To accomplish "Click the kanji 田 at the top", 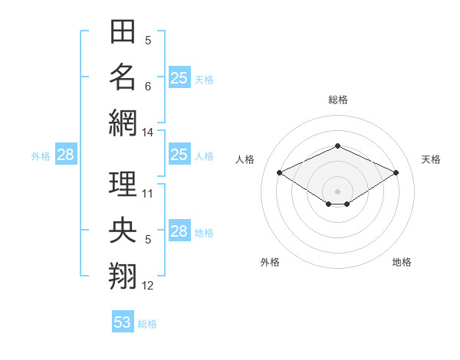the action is tap(123, 31).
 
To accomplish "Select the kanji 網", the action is tap(123, 123).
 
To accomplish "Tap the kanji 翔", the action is tap(123, 276).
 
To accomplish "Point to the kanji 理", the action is tap(123, 184).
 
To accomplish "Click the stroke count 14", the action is tap(147, 133).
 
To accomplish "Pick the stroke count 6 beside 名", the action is tap(148, 87).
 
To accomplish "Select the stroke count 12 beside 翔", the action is tap(147, 286).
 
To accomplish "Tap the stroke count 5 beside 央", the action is tap(148, 240).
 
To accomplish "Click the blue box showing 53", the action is tap(123, 321).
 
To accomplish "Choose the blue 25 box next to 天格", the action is tap(179, 77).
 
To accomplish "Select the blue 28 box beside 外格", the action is tap(66, 154).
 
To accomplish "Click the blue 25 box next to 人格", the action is tap(179, 154).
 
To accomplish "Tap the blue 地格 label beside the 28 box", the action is tap(204, 233).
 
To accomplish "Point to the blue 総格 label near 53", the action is tap(147, 324).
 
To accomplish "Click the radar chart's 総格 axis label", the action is tap(338, 100).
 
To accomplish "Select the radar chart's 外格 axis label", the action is tap(270, 262).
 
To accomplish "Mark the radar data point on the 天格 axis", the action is tap(396, 172).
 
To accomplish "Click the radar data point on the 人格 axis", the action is tap(279, 172).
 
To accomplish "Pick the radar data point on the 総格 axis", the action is tap(337, 146).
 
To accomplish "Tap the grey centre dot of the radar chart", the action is tap(337, 191).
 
